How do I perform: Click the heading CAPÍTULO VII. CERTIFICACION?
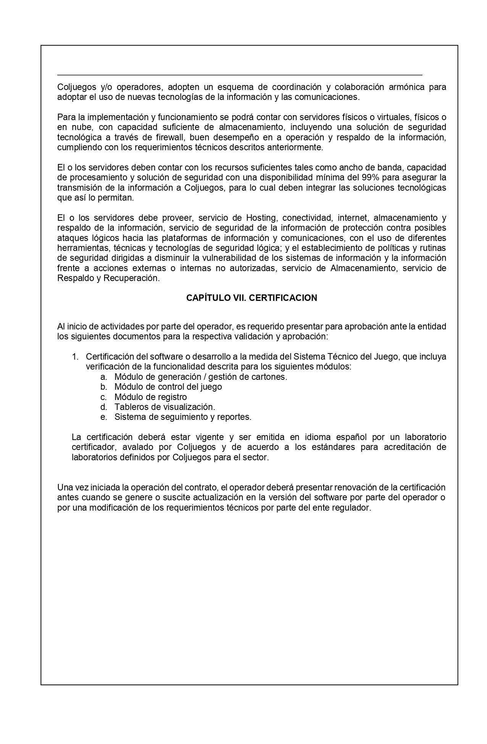[252, 298]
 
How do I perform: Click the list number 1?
[75, 357]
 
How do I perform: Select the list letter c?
[103, 397]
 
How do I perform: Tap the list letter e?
[103, 417]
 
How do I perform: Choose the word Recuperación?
[131, 278]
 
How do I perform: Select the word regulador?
[353, 508]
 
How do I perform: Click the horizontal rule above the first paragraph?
[240, 75]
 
